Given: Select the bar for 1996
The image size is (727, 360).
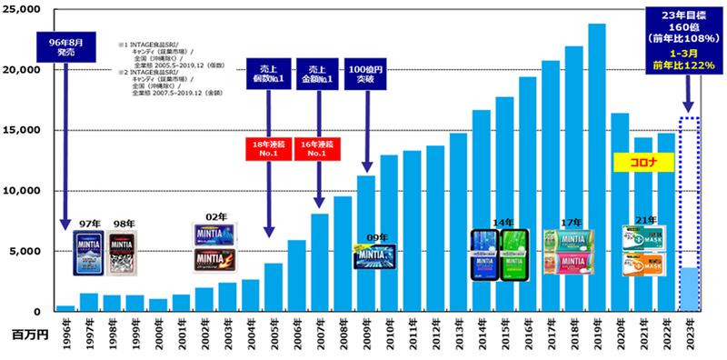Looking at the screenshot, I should pos(65,308).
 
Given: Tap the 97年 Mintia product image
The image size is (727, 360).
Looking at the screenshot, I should pos(89,252).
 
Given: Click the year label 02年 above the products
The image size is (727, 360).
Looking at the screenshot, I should pos(215,217).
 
